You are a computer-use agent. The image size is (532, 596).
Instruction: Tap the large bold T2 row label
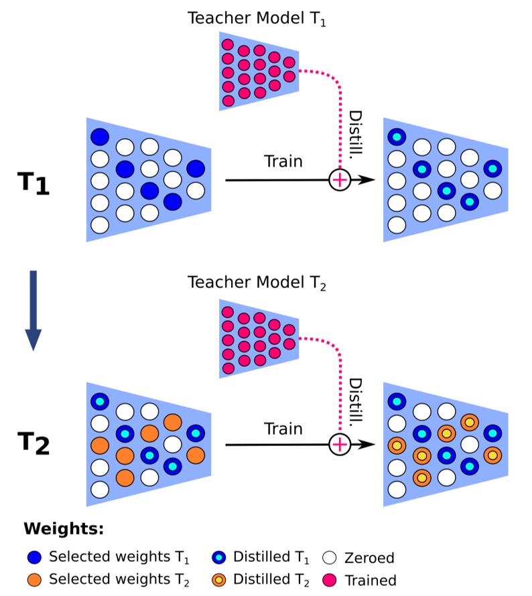tap(33, 443)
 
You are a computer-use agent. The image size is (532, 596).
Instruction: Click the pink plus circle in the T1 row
tap(340, 179)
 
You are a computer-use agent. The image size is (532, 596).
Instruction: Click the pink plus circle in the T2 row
tap(340, 444)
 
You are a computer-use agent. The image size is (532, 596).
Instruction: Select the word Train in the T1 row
tap(283, 161)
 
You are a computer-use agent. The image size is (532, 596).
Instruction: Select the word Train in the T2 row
tap(283, 428)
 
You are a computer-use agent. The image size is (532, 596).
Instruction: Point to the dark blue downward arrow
tap(32, 310)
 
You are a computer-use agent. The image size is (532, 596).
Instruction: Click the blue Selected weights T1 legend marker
tap(34, 556)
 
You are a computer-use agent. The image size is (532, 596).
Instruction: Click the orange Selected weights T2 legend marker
tap(34, 579)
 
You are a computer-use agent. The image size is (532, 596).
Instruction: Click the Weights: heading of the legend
tap(64, 529)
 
